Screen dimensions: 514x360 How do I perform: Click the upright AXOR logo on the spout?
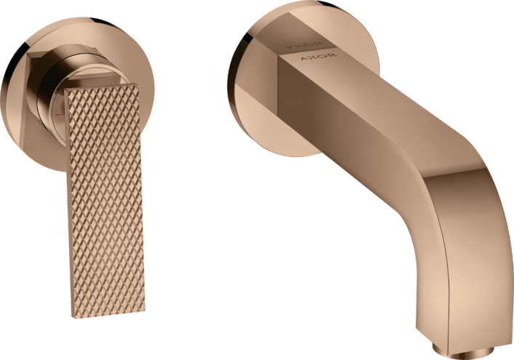[318, 59]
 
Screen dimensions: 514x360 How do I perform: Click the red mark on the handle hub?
[59, 114]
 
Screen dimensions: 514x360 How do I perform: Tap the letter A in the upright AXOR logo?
[305, 58]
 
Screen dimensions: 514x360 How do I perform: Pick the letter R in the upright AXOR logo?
[332, 56]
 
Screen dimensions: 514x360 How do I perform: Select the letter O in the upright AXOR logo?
[323, 57]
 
